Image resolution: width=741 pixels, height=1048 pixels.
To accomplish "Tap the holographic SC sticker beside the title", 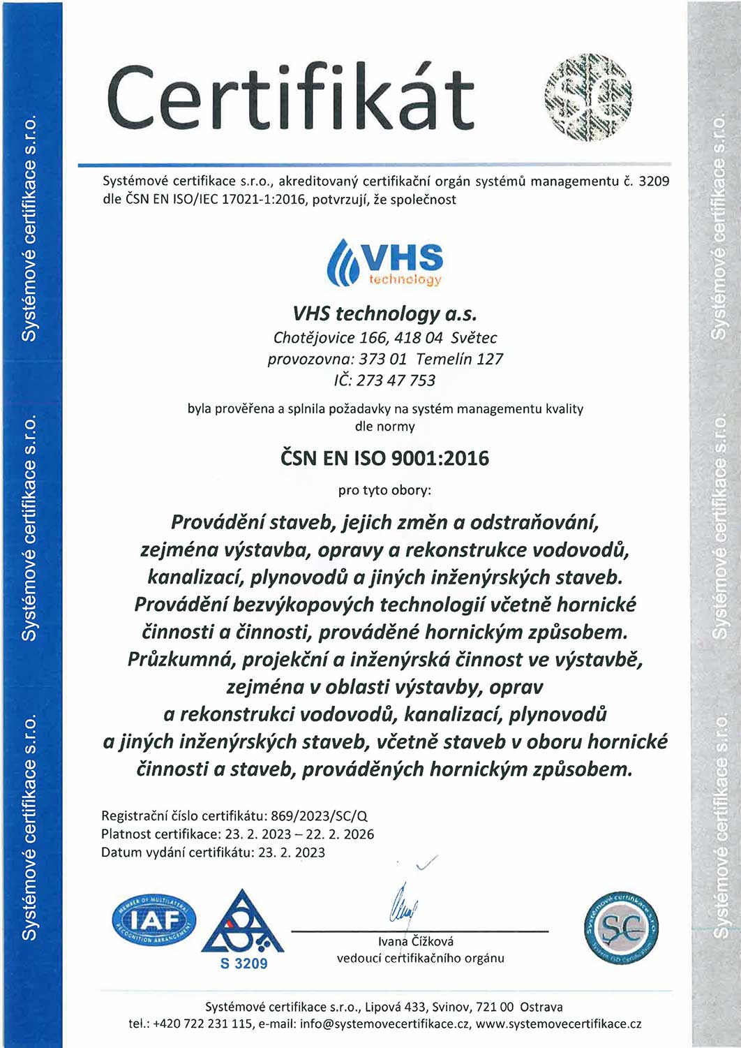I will (x=587, y=97).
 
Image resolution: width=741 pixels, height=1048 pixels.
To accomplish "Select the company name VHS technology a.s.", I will (x=384, y=313).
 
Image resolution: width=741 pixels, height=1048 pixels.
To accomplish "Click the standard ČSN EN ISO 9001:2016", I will (x=384, y=458).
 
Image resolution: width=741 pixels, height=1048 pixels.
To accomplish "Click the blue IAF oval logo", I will (x=154, y=920).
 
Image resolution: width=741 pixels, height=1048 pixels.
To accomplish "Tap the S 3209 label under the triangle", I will (x=244, y=964).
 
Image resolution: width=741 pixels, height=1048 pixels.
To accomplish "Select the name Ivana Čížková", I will (x=416, y=941).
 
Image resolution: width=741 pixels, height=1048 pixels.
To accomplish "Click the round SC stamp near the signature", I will (x=621, y=927).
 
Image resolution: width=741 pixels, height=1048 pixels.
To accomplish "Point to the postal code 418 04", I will (x=419, y=338).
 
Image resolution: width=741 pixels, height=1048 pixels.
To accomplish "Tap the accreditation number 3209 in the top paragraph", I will (x=654, y=182).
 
